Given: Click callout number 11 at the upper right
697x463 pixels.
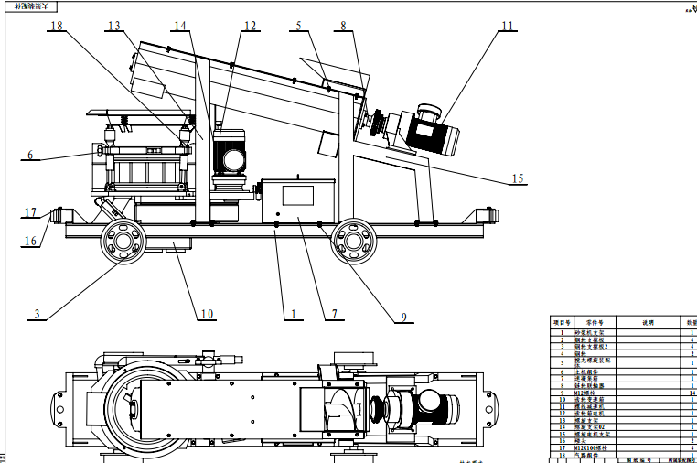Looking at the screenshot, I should [x=506, y=27].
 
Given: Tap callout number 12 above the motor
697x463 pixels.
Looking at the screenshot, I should [x=250, y=27].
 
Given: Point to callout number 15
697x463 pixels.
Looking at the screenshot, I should [x=519, y=178].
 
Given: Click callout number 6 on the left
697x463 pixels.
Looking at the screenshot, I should [x=30, y=156].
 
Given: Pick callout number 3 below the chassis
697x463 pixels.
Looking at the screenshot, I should [x=37, y=314].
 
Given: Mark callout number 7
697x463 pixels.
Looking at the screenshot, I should [x=335, y=314].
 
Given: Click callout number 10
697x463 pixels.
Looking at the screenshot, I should [x=208, y=314].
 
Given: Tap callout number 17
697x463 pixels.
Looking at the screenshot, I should [x=30, y=212].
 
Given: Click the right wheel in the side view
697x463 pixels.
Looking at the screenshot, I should [x=352, y=242].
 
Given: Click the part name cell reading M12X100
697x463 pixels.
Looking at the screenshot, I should [x=595, y=447].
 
